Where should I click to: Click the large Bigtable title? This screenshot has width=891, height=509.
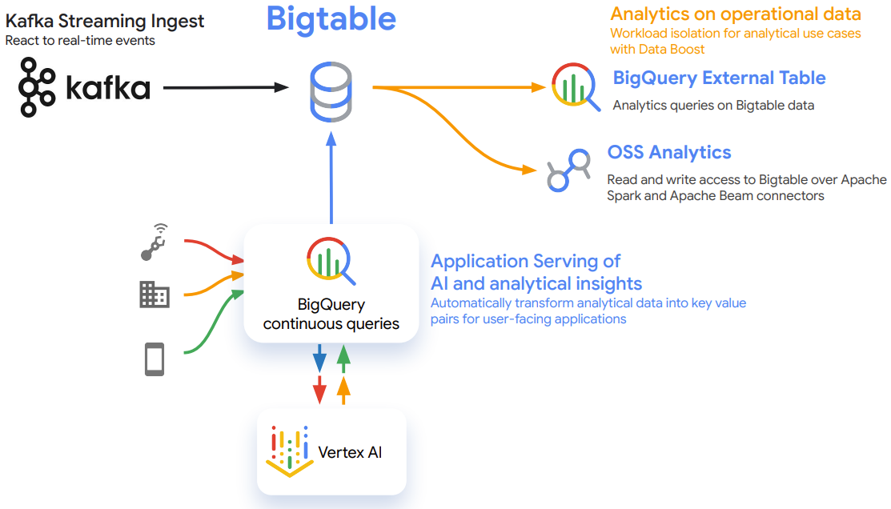[x=331, y=18]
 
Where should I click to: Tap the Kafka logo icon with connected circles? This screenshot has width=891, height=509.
[x=37, y=87]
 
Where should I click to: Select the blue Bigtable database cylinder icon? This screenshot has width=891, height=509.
[x=331, y=92]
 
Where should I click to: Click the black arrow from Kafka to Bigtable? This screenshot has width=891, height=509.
[x=227, y=87]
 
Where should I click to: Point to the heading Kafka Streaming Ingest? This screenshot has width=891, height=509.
[x=105, y=21]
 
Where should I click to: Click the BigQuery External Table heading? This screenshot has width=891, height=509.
[x=719, y=78]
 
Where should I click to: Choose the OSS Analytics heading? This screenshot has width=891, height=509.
[x=668, y=152]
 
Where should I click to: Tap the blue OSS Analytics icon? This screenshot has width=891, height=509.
[x=569, y=170]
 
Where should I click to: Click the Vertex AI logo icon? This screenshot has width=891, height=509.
[x=290, y=451]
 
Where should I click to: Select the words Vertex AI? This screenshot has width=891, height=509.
[x=350, y=452]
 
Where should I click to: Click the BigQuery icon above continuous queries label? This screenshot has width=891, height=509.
[x=331, y=261]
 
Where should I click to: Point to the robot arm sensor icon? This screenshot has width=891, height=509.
[x=154, y=242]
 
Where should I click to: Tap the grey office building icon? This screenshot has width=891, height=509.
[x=155, y=295]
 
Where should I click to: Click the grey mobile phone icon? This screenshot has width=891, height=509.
[x=155, y=359]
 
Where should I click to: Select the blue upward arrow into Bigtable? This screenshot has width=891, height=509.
[x=331, y=177]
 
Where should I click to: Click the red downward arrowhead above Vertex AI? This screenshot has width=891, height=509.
[x=320, y=390]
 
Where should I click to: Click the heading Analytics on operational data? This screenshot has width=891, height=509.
[x=736, y=14]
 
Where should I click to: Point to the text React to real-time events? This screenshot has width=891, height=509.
[x=80, y=41]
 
